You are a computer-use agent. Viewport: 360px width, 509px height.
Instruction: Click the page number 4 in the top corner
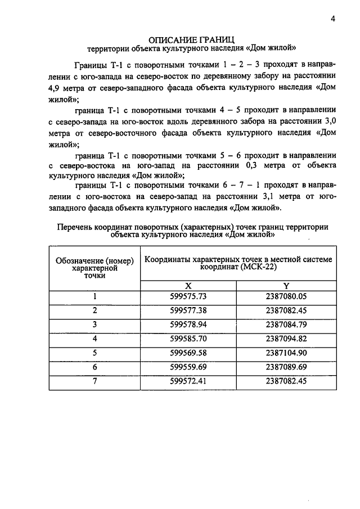333,19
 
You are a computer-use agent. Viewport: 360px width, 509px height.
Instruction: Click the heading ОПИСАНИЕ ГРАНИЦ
191,39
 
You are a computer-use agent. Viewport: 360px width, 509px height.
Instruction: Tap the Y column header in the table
286,286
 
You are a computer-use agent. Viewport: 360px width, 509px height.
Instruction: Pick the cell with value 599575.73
188,296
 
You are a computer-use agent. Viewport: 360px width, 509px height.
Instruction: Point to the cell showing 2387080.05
286,296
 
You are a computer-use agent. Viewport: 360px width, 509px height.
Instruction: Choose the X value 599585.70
188,339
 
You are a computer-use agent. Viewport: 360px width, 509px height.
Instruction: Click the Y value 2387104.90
286,353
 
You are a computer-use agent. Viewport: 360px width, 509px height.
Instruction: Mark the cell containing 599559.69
188,367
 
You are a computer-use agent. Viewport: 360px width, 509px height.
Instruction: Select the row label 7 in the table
95,381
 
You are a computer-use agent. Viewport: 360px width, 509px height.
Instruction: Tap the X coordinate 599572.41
188,381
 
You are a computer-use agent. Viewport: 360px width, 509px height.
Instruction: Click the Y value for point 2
286,310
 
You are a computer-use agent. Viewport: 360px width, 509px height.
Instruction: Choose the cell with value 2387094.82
286,339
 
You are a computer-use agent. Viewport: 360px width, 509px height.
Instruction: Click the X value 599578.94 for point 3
188,325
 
